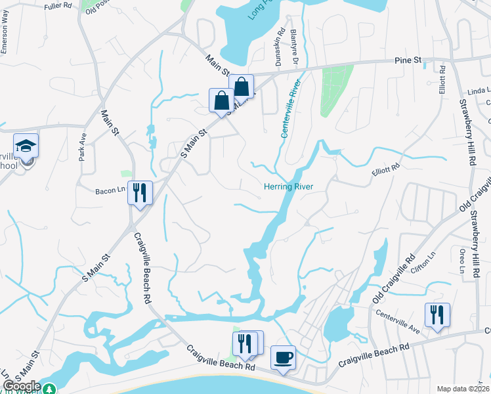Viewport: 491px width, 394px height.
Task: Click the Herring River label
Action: click(288, 186)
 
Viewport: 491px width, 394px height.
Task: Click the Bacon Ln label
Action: click(110, 190)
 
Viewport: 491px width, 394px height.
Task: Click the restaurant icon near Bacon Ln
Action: click(140, 192)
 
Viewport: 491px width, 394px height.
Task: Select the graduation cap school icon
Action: click(26, 145)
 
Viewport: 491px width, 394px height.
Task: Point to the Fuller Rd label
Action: click(58, 6)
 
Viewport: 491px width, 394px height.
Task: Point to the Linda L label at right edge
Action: click(479, 93)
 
